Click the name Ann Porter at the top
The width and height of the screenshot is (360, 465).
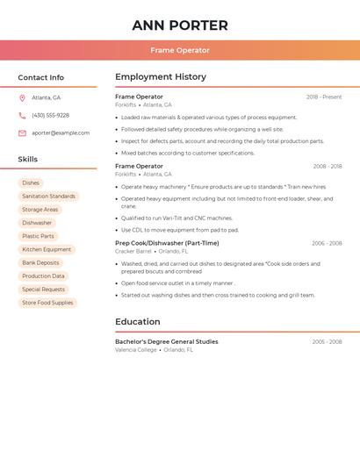click(x=180, y=25)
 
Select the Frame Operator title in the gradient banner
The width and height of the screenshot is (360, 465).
click(x=180, y=50)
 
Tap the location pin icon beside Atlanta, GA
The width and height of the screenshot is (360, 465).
click(x=22, y=97)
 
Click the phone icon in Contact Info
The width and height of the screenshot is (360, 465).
click(x=22, y=115)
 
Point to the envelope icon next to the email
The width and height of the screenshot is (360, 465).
click(x=22, y=132)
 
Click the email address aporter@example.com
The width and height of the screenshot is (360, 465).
click(x=61, y=132)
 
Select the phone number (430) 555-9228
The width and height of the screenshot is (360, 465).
click(x=50, y=115)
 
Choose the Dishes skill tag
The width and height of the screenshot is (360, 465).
click(x=31, y=182)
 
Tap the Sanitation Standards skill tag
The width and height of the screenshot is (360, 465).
click(x=48, y=197)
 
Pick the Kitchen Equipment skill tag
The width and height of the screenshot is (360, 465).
click(x=47, y=249)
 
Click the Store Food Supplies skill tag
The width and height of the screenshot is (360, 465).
click(x=47, y=303)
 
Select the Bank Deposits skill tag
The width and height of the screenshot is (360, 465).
click(x=40, y=262)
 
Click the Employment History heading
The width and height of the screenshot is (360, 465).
click(x=160, y=77)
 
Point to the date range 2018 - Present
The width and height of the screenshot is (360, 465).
click(x=324, y=97)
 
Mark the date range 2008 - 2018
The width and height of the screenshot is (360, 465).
click(x=327, y=166)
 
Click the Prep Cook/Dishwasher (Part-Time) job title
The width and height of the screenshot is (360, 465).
click(x=167, y=243)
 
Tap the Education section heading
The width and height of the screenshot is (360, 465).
click(x=138, y=322)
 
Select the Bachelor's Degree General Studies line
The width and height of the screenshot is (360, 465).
click(x=166, y=341)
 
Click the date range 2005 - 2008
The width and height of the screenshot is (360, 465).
click(x=327, y=341)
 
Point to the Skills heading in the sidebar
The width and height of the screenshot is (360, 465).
click(x=28, y=160)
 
